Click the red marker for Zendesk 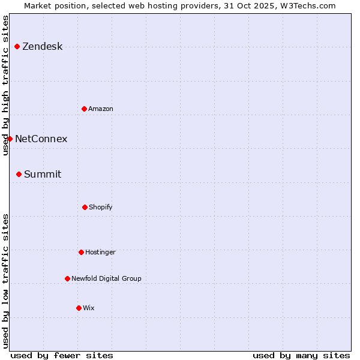(x=17, y=46)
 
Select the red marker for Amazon (x=84, y=109)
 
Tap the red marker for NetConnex (x=10, y=139)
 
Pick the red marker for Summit (x=19, y=174)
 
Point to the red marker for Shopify (x=85, y=207)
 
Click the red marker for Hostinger (x=81, y=252)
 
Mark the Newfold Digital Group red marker (x=67, y=278)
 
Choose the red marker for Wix (x=79, y=308)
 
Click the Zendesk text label (x=43, y=47)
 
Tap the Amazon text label (x=101, y=109)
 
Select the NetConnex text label (x=41, y=139)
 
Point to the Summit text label (x=43, y=175)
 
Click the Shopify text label (x=101, y=208)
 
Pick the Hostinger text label (x=100, y=253)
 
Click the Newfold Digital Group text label (x=106, y=279)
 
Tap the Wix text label (x=89, y=308)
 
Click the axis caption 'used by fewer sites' (x=62, y=355)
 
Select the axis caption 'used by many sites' (x=301, y=355)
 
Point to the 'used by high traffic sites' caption (x=5, y=85)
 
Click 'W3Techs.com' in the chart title (x=305, y=5)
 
